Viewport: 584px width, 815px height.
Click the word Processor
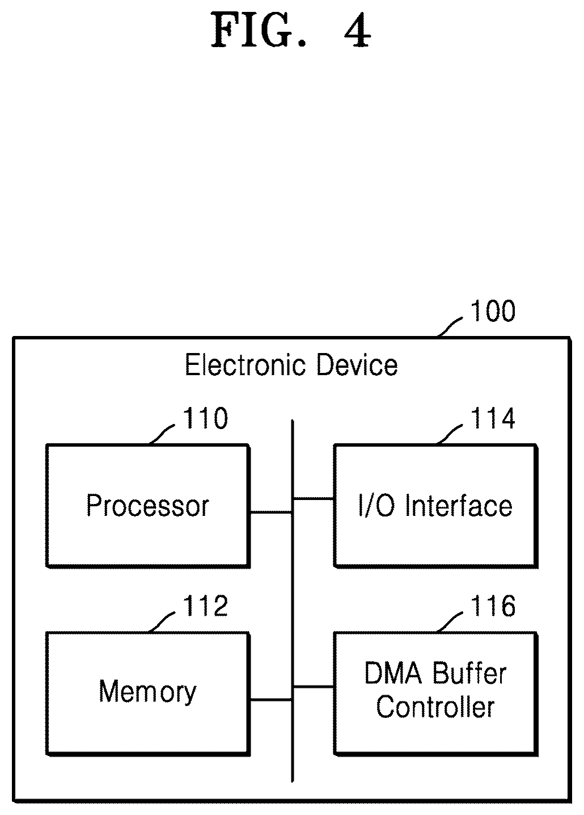click(x=147, y=506)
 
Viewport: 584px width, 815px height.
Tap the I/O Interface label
click(x=435, y=505)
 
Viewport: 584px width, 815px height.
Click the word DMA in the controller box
click(x=393, y=673)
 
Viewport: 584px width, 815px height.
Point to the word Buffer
click(x=469, y=673)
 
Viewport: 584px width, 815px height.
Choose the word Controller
click(x=435, y=707)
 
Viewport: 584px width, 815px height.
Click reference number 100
click(x=493, y=311)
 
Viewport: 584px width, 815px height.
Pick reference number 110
click(x=205, y=418)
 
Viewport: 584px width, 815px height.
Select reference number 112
click(x=205, y=606)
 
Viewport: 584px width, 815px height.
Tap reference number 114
click(x=493, y=418)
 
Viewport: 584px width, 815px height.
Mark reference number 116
click(x=493, y=606)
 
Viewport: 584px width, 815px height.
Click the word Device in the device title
click(x=357, y=365)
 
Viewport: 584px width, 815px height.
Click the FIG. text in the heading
click(x=259, y=30)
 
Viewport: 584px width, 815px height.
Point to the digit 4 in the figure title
click(x=357, y=31)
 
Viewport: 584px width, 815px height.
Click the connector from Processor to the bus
click(x=271, y=512)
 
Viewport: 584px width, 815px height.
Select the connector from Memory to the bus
click(x=271, y=699)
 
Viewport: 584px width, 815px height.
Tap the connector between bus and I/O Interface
click(x=314, y=499)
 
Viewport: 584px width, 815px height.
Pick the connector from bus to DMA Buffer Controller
click(x=314, y=687)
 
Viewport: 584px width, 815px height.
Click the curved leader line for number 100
click(x=450, y=326)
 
